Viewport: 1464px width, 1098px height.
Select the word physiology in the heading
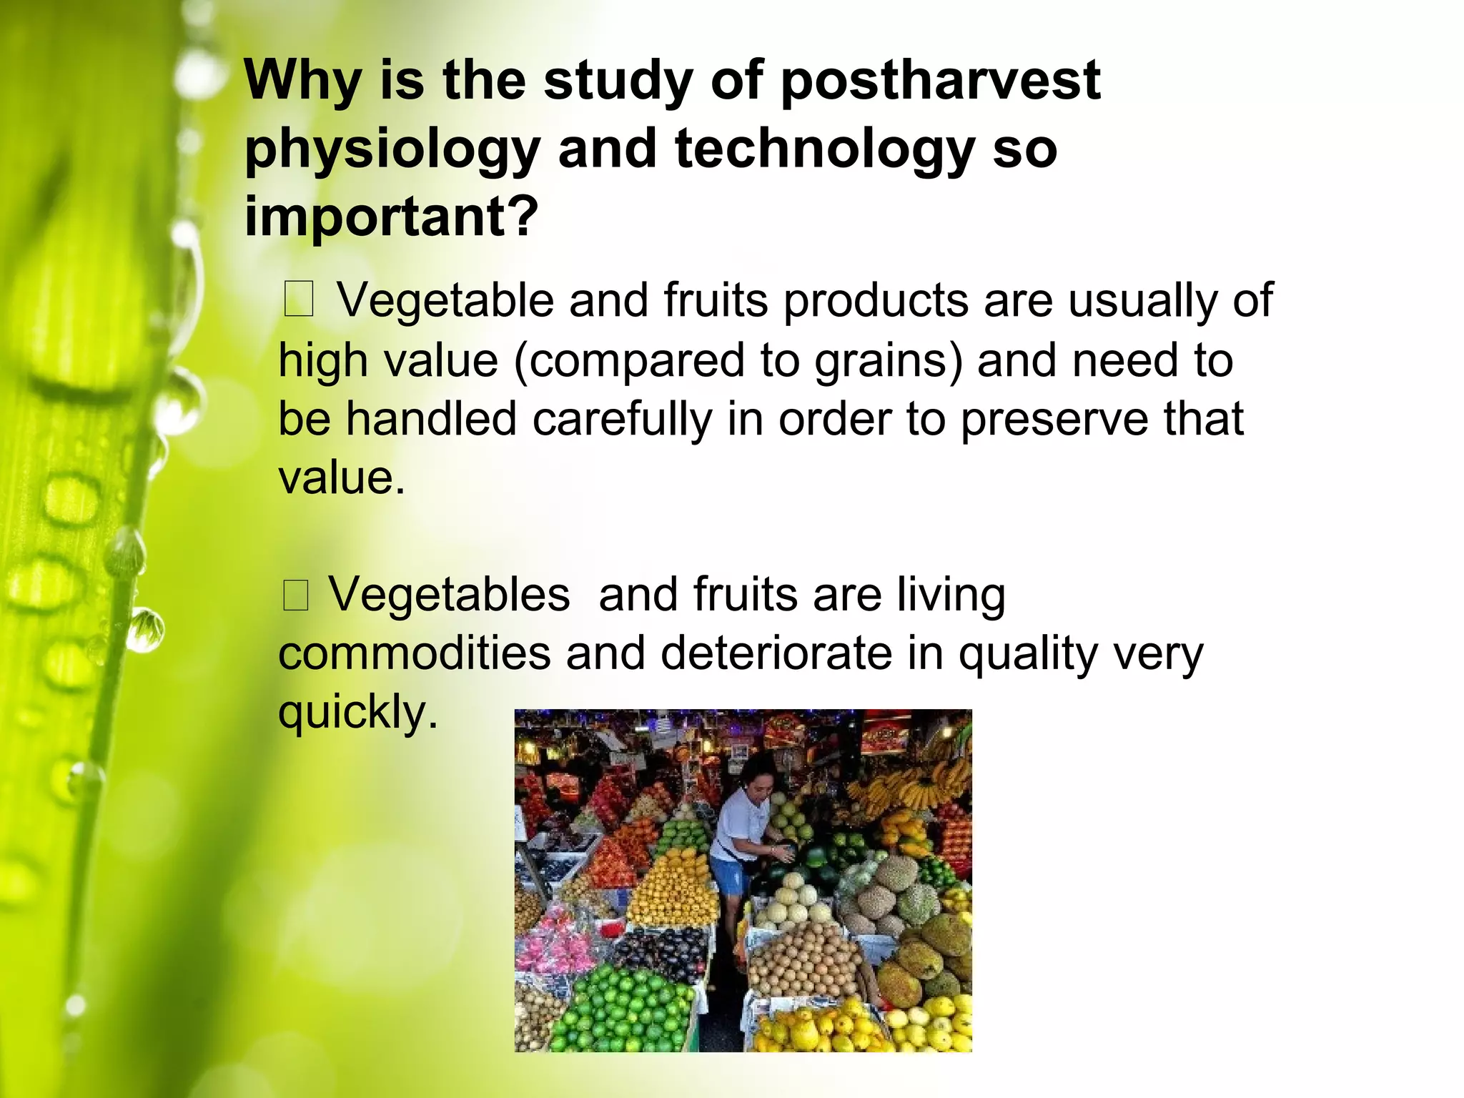(x=392, y=151)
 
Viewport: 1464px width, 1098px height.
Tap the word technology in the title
(x=824, y=149)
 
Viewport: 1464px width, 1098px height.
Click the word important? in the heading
(x=390, y=217)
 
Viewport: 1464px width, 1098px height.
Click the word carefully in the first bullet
(x=622, y=420)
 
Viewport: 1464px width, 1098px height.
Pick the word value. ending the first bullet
(x=342, y=478)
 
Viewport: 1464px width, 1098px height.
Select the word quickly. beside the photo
(x=357, y=713)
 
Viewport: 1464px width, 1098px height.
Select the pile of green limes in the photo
(x=622, y=1008)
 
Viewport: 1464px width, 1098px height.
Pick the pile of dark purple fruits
(x=658, y=951)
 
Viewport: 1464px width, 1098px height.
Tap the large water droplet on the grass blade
(x=179, y=400)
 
